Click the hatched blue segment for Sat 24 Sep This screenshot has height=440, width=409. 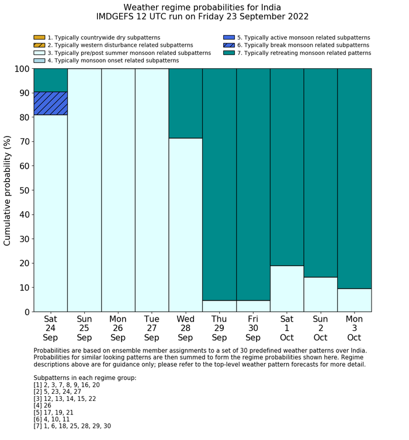pos(50,103)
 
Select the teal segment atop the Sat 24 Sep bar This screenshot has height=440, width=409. pos(50,80)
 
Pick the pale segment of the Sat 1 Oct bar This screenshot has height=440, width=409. pos(287,288)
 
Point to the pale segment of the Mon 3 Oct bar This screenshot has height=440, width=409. pos(354,300)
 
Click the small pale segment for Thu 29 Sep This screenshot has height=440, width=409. pos(219,306)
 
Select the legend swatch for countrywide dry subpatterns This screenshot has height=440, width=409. pos(39,37)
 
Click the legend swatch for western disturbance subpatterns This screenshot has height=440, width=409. pos(39,45)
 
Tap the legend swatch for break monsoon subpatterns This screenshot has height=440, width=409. pos(228,45)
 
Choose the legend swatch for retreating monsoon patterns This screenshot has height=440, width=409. pos(228,53)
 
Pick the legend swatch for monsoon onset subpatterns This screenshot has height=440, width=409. pos(39,60)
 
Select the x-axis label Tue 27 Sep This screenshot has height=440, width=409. pos(152,328)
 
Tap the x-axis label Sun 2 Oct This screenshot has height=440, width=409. pos(320,328)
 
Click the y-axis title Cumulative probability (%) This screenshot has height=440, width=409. pos(8,190)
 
